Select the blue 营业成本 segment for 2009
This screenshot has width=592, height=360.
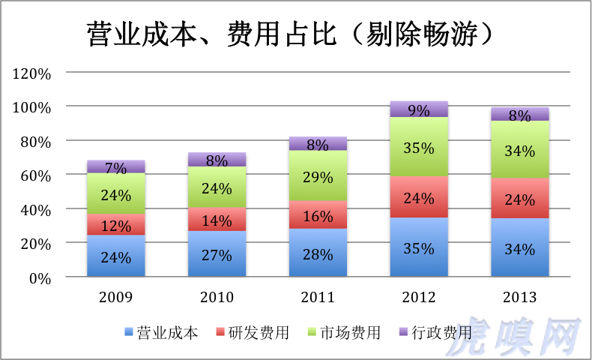(116, 256)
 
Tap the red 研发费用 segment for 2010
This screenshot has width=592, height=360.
(217, 219)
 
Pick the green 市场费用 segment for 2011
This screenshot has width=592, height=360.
(318, 176)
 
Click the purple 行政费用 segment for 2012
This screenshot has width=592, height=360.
(419, 109)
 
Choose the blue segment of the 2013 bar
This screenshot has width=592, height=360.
(520, 247)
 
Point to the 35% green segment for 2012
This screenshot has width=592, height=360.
(419, 148)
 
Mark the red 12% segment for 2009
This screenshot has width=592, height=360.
(116, 225)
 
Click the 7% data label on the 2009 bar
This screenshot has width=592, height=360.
(116, 167)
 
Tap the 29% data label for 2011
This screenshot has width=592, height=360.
(318, 177)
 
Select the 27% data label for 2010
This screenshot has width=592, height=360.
(217, 255)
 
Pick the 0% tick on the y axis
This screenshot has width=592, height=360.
(39, 277)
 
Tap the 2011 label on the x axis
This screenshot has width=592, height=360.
(318, 297)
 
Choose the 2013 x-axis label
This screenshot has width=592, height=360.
(520, 297)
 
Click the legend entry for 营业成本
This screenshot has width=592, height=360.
(161, 333)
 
